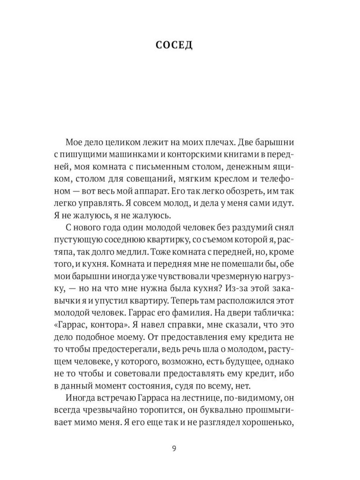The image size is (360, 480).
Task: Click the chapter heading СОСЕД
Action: [x=174, y=45]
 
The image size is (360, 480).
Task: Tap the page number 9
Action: [x=174, y=449]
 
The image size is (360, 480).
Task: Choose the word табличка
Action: [x=273, y=313]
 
